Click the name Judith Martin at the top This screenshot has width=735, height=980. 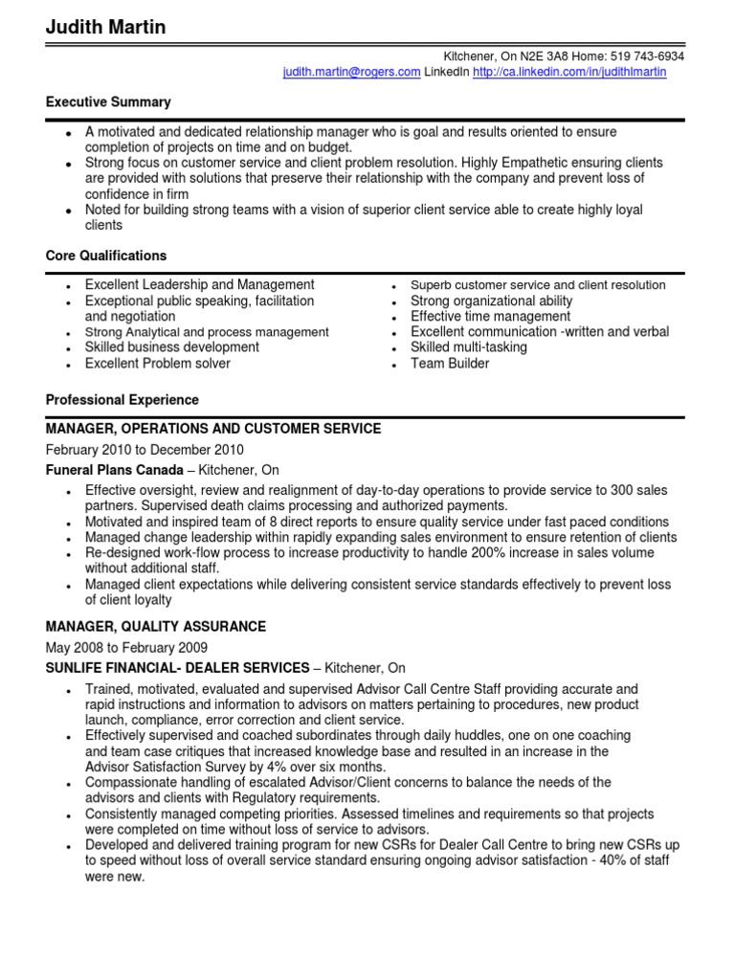[x=105, y=28]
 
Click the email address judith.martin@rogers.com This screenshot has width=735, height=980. [x=351, y=72]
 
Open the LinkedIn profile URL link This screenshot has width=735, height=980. [x=569, y=72]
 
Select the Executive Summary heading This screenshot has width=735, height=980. [x=108, y=101]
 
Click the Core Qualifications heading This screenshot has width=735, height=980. [x=106, y=256]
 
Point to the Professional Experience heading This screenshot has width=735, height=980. [x=122, y=400]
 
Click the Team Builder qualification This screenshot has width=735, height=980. [x=450, y=364]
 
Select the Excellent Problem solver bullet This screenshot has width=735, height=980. [x=158, y=364]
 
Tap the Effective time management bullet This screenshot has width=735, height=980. [x=490, y=316]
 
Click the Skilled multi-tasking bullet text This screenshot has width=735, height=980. [x=469, y=347]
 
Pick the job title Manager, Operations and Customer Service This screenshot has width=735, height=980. [x=213, y=429]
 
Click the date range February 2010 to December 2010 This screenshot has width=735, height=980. [x=145, y=450]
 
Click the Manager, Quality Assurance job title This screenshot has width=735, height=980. [x=156, y=627]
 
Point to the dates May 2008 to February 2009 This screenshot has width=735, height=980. [x=126, y=648]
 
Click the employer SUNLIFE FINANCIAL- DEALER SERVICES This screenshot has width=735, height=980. [x=178, y=668]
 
